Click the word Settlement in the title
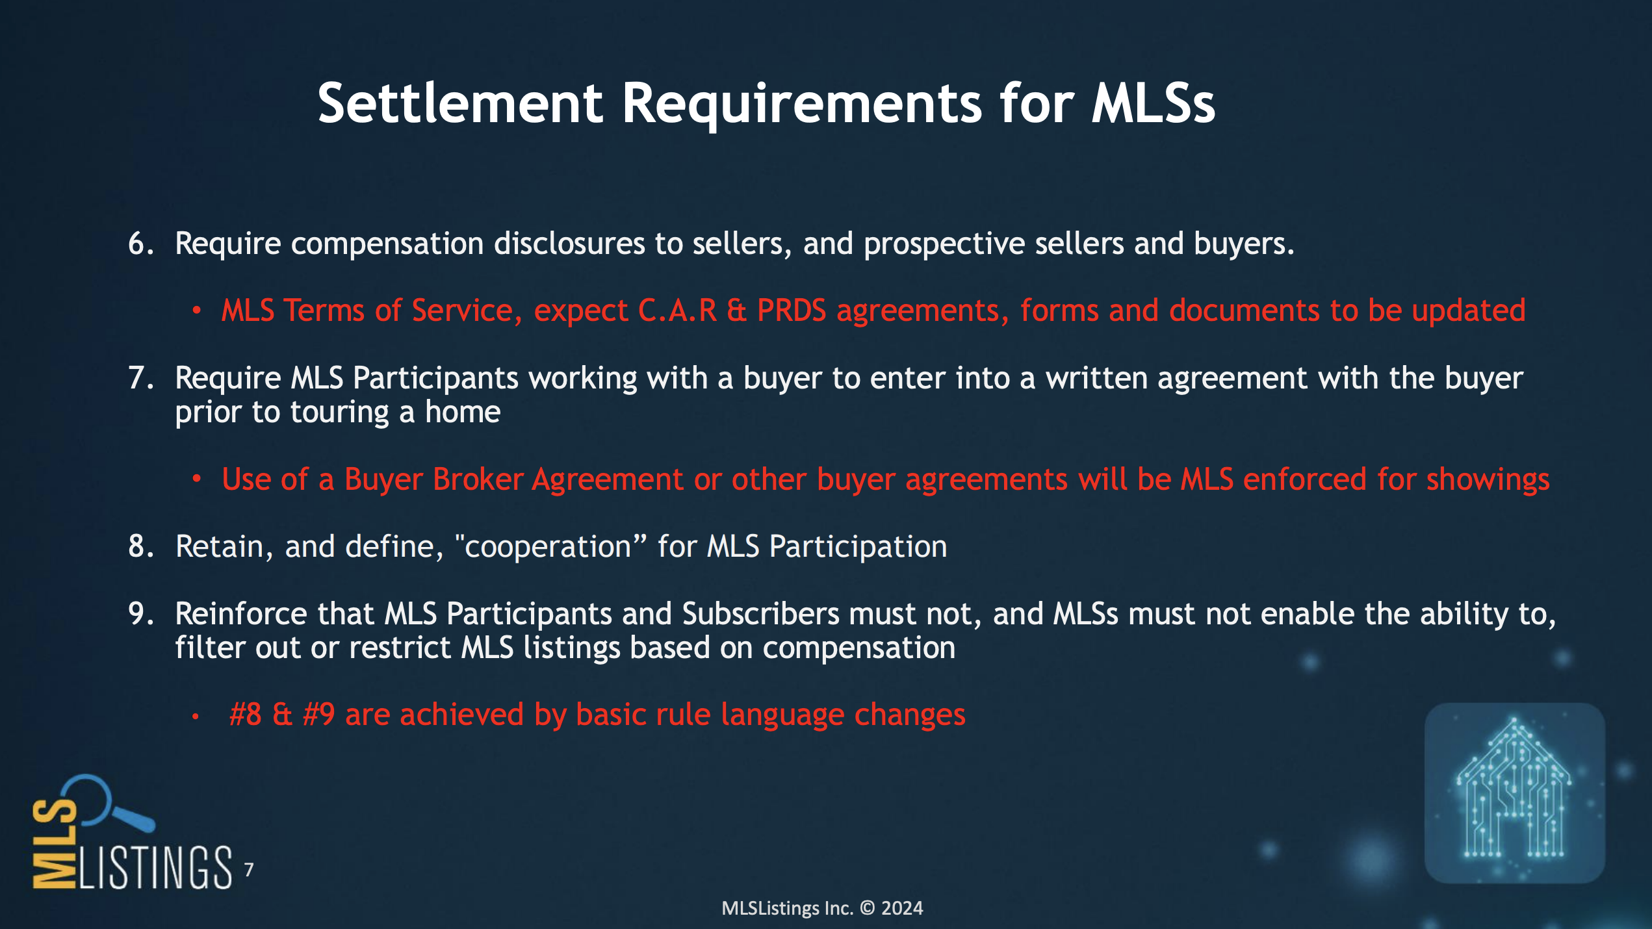[461, 103]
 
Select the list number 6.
[140, 244]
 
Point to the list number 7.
[140, 379]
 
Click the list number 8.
[140, 547]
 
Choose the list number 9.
[140, 615]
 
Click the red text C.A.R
[678, 311]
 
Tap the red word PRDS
[792, 311]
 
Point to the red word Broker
[478, 479]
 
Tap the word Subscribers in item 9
[761, 615]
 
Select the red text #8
[246, 715]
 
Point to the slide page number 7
[249, 870]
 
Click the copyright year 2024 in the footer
[902, 909]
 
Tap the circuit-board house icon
[1514, 793]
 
